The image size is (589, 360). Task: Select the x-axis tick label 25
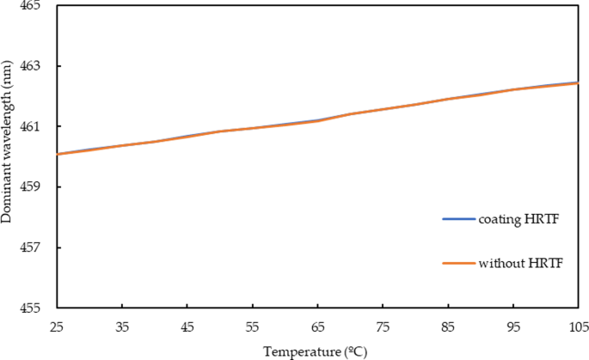click(x=56, y=326)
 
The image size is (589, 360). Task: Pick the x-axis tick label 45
click(x=187, y=326)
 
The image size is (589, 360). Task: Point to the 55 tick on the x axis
click(x=252, y=326)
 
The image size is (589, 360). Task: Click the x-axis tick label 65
click(x=317, y=326)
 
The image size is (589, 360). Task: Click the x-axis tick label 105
click(x=577, y=326)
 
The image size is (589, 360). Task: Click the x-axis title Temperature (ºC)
click(x=317, y=351)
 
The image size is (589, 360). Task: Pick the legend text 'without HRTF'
click(x=521, y=262)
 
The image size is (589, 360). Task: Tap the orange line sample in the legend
click(x=459, y=262)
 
